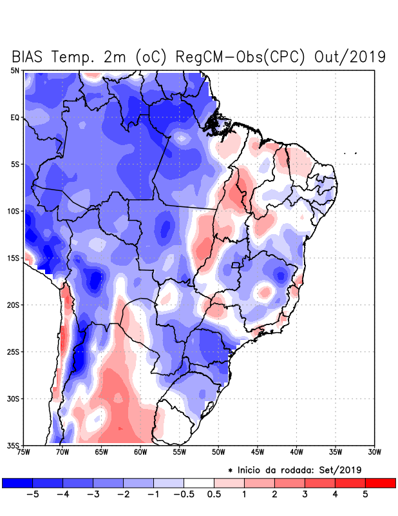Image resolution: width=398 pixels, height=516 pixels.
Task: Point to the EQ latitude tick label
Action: pyautogui.click(x=15, y=117)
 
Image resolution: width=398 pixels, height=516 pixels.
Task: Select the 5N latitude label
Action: pyautogui.click(x=15, y=70)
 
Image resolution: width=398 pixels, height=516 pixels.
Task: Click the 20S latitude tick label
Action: pyautogui.click(x=14, y=304)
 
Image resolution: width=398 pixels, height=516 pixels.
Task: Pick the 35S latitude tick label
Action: pyautogui.click(x=14, y=445)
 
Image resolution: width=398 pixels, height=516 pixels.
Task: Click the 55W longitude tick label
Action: pyautogui.click(x=179, y=452)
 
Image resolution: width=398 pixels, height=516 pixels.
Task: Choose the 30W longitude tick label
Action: pyautogui.click(x=374, y=452)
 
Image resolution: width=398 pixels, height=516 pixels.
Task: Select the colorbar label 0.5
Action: pyautogui.click(x=214, y=495)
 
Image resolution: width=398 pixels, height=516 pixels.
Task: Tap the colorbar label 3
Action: pyautogui.click(x=305, y=495)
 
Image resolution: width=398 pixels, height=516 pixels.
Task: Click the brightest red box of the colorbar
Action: pyautogui.click(x=380, y=482)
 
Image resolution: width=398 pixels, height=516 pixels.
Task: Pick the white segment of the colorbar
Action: pyautogui.click(x=199, y=482)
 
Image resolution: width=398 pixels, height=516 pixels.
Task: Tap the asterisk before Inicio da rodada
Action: pyautogui.click(x=230, y=470)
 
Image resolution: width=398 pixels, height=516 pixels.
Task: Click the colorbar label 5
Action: pyautogui.click(x=365, y=495)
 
